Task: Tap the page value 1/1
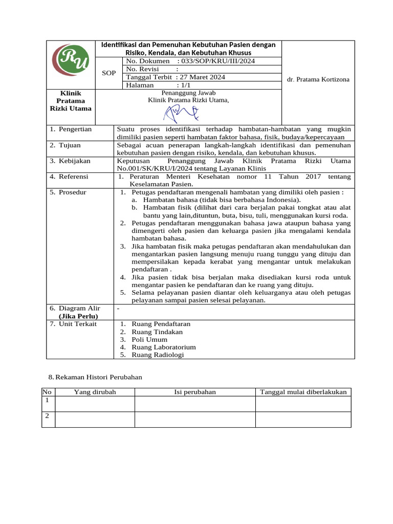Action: pos(183,85)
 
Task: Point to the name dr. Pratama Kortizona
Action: pos(318,80)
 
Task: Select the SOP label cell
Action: pos(109,73)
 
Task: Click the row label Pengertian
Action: pos(75,129)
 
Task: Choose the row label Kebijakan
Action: pos(74,161)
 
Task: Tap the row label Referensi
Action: pos(74,177)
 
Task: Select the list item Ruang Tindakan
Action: pos(157,332)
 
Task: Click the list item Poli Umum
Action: pos(149,339)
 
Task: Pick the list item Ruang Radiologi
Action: pos(158,355)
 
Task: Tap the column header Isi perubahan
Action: pos(195,392)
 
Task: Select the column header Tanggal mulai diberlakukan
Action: pos(303,392)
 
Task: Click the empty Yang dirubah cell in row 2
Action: pos(95,419)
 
